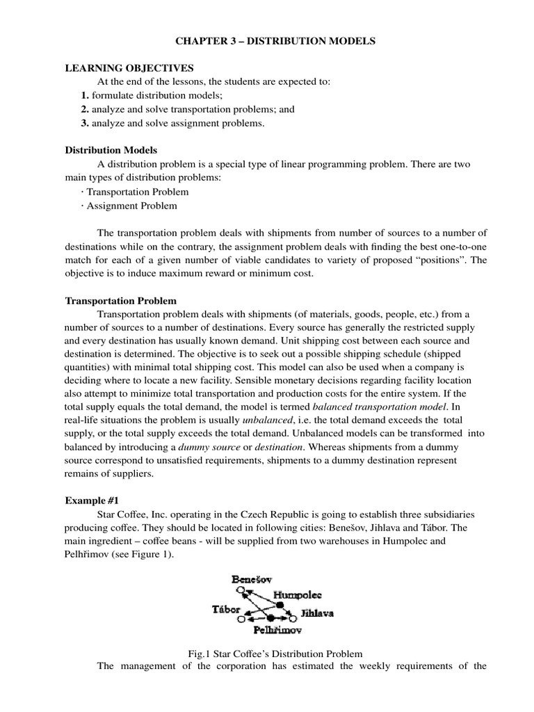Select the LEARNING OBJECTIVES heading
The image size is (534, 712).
coord(129,68)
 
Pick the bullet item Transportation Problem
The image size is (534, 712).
coord(136,191)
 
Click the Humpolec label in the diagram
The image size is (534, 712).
coord(298,595)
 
